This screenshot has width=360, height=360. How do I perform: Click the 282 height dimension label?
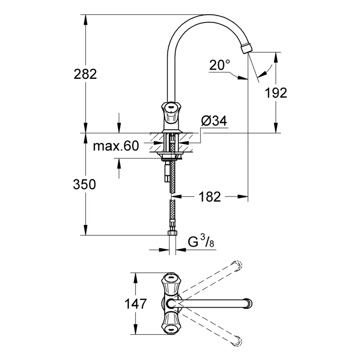pyautogui.click(x=85, y=74)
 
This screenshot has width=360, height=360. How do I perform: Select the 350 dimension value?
pyautogui.click(x=84, y=184)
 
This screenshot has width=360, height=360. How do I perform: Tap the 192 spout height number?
pyautogui.click(x=276, y=93)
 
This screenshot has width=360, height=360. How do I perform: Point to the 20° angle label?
pyautogui.click(x=220, y=65)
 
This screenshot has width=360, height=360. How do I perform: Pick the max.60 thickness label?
pyautogui.click(x=116, y=146)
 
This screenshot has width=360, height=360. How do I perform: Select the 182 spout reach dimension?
pyautogui.click(x=210, y=196)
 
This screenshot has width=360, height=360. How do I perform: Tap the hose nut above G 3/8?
pyautogui.click(x=172, y=233)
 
